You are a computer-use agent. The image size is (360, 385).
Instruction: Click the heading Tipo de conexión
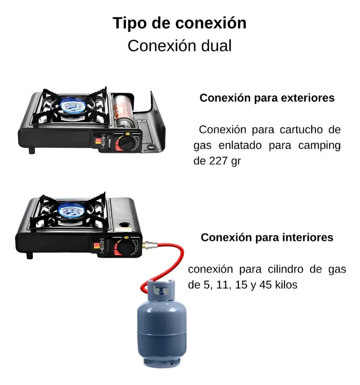click(179, 23)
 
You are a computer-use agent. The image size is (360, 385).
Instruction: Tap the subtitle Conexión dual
click(179, 46)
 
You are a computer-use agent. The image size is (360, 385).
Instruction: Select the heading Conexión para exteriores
click(267, 98)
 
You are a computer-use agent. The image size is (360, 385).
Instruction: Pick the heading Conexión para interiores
click(267, 238)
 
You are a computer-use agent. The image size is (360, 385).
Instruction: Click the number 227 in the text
click(218, 161)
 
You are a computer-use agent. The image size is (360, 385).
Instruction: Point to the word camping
click(320, 146)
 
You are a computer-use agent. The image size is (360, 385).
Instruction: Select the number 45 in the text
click(265, 285)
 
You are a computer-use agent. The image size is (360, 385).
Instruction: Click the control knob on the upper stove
click(126, 143)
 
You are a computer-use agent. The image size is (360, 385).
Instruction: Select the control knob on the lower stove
click(125, 248)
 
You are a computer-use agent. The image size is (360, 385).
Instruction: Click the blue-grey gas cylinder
click(161, 323)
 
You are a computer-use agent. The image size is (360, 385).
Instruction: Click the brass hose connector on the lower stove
click(149, 244)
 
